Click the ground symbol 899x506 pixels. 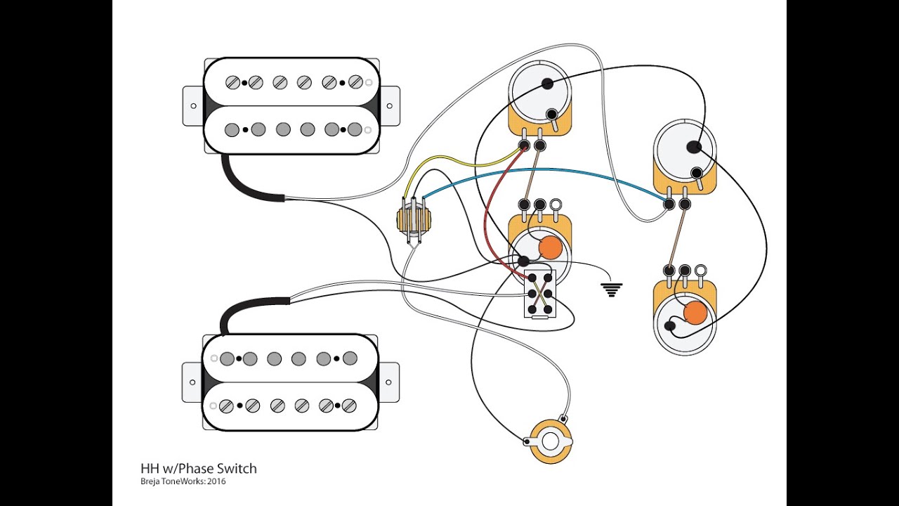point(611,290)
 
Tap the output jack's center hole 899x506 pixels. point(550,441)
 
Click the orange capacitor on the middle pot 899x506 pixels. point(551,248)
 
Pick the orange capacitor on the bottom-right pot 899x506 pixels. point(695,312)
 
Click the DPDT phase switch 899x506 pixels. point(540,294)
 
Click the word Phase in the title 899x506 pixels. point(197,469)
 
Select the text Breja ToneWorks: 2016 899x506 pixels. point(183,481)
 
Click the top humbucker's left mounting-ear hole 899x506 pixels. point(193,106)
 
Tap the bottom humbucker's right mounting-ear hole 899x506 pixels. point(388,382)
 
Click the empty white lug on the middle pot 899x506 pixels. point(556,205)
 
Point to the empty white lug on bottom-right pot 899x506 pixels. point(700,270)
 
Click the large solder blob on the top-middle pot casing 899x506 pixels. point(546,84)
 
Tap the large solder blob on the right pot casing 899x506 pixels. point(693,147)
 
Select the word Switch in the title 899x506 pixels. point(237,469)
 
